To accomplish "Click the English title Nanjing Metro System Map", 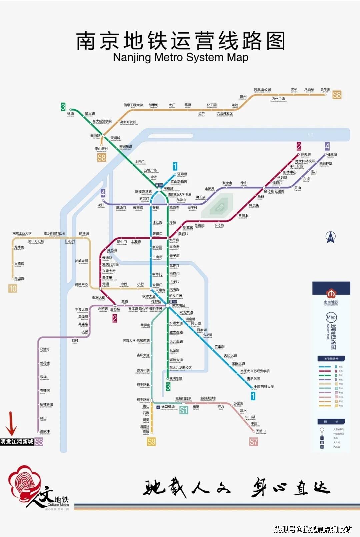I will [x=180, y=57].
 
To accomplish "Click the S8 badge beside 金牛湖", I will [x=337, y=95].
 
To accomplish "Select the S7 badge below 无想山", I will [x=253, y=442].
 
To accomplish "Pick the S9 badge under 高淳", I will [x=151, y=442].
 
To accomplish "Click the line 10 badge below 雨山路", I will [x=12, y=288].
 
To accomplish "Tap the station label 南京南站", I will [x=178, y=305].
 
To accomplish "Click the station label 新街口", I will [x=157, y=234].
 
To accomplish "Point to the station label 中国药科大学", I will [x=264, y=387].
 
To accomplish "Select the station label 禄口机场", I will [x=168, y=407].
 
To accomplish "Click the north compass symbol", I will [x=330, y=237].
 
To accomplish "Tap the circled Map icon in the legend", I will [x=331, y=317].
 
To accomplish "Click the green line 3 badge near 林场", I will [x=63, y=107].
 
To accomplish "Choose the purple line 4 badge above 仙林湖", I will [x=327, y=146].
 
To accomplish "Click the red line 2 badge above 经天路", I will [x=299, y=146].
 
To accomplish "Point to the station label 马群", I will [x=261, y=197].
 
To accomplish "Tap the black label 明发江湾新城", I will [x=17, y=442].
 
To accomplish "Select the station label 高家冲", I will [x=45, y=431].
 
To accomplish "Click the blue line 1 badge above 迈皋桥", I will [x=175, y=166].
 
